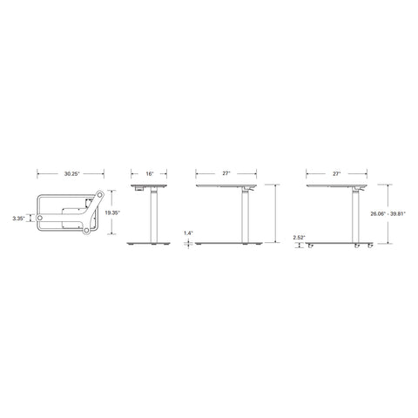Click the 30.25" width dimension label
71,174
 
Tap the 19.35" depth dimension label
112,212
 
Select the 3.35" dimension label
19,219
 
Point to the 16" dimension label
149,174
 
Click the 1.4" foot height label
188,233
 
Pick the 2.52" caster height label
299,238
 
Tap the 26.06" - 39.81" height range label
388,214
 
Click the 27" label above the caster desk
336,174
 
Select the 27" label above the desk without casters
226,173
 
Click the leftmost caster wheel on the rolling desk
311,246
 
